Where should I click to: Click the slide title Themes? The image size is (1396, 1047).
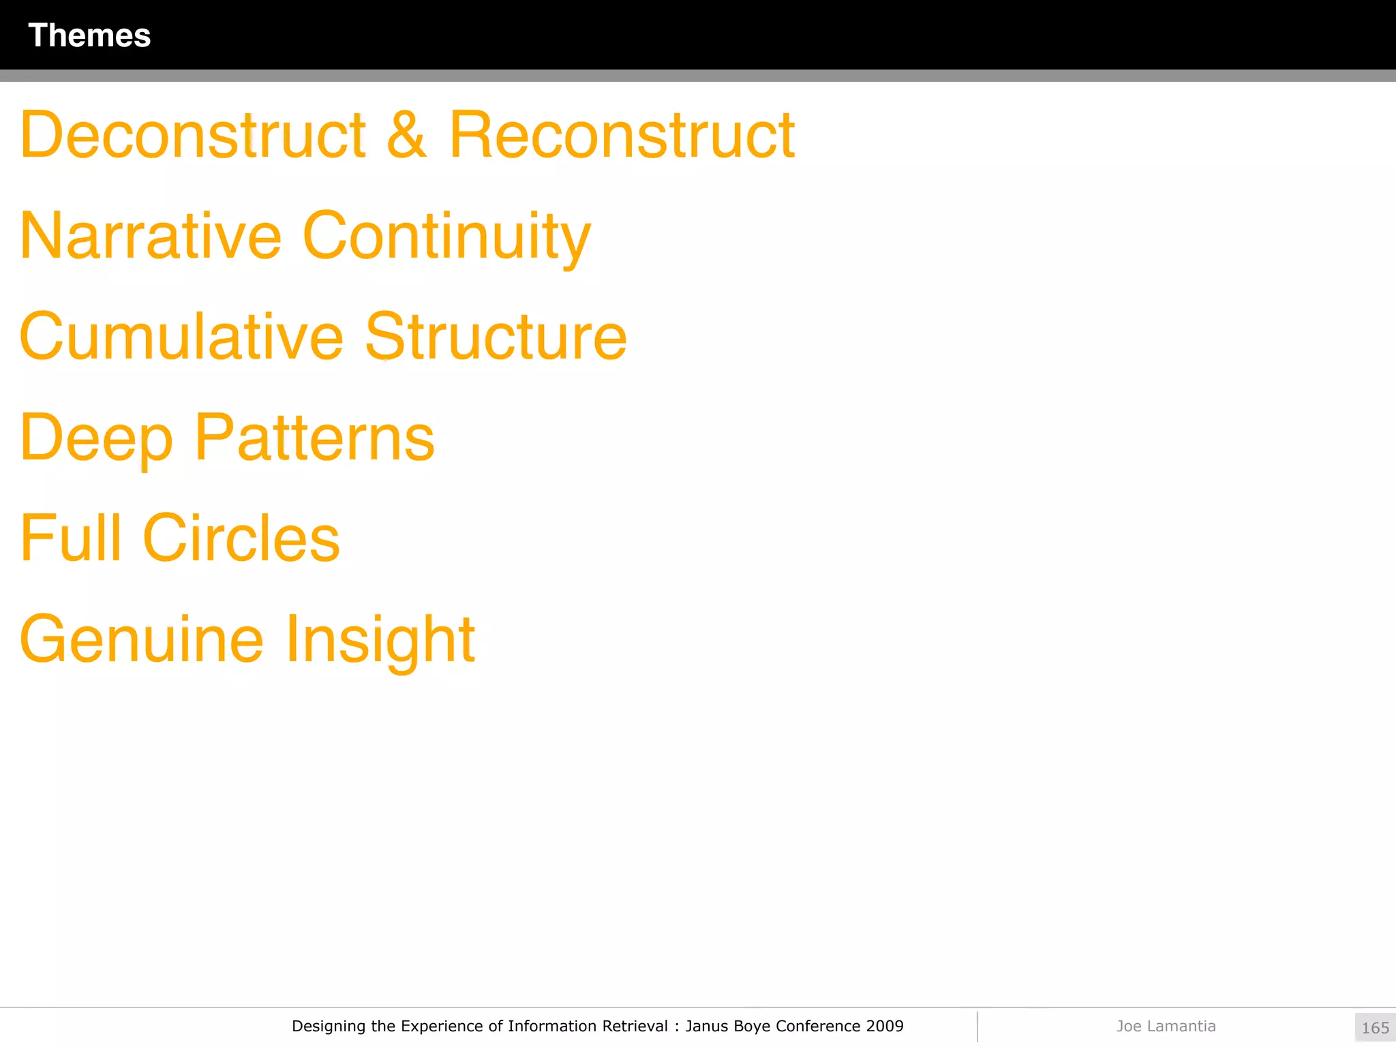click(89, 35)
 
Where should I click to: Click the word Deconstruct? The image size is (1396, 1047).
click(193, 135)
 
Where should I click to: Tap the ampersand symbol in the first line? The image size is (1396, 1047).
click(407, 135)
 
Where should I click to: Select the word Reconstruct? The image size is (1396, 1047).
click(622, 135)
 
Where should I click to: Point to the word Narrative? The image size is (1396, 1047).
click(151, 236)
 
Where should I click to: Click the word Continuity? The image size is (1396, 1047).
click(446, 237)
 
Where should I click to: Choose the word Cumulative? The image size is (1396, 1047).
click(181, 337)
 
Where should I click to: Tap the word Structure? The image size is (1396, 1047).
click(496, 337)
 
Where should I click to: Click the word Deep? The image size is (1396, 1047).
click(96, 439)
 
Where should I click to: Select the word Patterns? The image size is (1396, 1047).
click(314, 438)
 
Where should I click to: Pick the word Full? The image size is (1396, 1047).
click(71, 538)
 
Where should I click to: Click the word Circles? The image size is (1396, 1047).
click(241, 538)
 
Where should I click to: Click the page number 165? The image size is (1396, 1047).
click(1375, 1028)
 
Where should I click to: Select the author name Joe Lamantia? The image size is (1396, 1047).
click(1166, 1026)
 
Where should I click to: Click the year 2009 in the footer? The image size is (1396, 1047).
click(885, 1026)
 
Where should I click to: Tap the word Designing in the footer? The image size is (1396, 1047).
click(329, 1027)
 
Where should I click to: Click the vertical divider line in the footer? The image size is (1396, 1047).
click(977, 1027)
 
